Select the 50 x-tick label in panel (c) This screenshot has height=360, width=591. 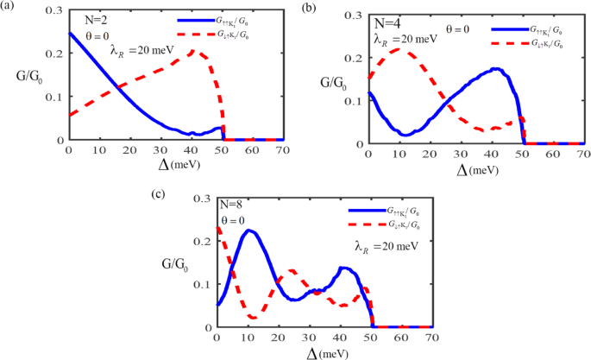(x=372, y=338)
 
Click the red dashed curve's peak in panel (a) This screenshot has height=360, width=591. (x=192, y=51)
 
